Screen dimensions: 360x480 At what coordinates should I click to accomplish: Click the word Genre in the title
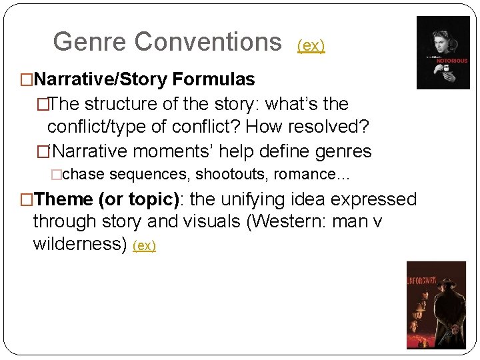[89, 42]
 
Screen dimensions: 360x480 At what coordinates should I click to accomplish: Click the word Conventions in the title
[208, 42]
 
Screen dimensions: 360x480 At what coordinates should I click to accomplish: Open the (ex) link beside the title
[311, 45]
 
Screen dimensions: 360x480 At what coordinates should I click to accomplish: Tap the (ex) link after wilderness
[144, 245]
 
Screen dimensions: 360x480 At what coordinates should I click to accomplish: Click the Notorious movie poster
[443, 53]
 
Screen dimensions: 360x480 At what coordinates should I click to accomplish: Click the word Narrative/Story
[100, 79]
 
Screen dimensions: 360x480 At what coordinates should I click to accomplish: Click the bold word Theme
[63, 199]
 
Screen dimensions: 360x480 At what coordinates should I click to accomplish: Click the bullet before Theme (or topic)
[27, 199]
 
